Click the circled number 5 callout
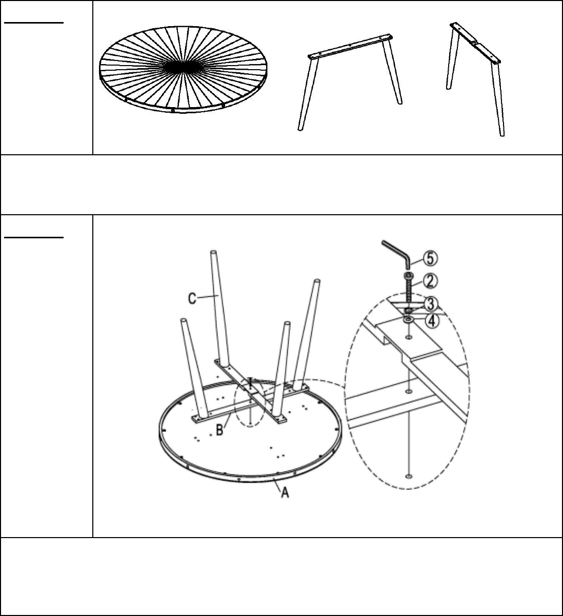tap(430, 258)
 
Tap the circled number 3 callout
tap(431, 304)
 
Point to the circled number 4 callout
tap(432, 321)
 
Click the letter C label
tap(192, 298)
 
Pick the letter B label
tap(219, 430)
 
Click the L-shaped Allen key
tap(397, 255)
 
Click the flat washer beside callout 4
tap(409, 320)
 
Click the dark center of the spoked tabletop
tap(184, 67)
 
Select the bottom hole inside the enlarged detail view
tap(409, 476)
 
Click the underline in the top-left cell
tap(34, 23)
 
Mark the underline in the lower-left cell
tap(34, 237)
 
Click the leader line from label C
tap(208, 297)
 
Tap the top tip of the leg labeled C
tap(213, 253)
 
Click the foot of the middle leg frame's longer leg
tap(300, 129)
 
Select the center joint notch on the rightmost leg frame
tap(475, 43)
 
